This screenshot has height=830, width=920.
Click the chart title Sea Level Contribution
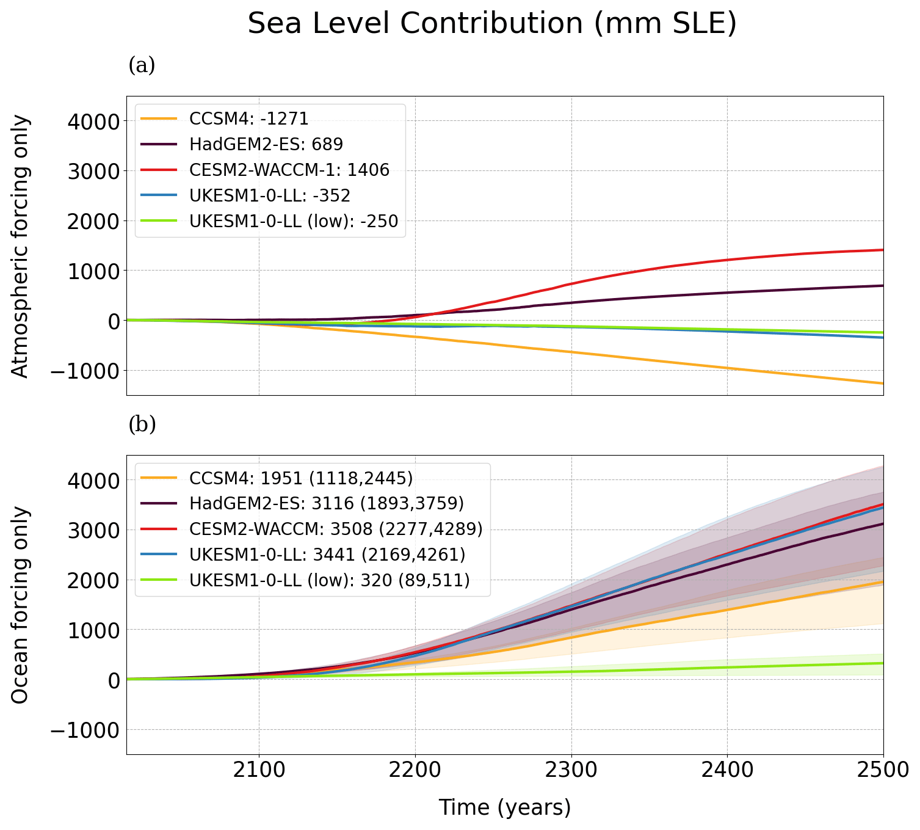(x=492, y=24)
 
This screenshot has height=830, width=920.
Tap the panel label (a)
(x=142, y=65)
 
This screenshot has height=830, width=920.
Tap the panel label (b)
(x=142, y=424)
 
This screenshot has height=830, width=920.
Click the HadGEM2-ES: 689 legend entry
(x=266, y=144)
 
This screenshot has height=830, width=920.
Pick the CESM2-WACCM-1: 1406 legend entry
(x=289, y=170)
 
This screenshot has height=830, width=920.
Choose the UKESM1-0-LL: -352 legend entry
(x=269, y=195)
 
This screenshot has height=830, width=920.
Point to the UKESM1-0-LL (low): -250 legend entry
(x=293, y=221)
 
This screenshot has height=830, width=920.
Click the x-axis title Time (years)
(x=505, y=807)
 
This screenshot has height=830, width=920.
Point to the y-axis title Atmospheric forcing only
(x=21, y=246)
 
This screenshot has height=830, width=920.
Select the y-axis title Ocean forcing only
(x=21, y=605)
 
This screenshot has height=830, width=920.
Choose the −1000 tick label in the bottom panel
(x=89, y=730)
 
